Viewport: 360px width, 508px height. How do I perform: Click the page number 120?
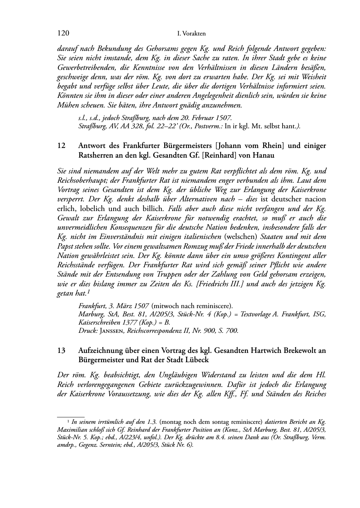click(x=63, y=33)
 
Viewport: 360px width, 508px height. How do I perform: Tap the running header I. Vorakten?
click(x=191, y=34)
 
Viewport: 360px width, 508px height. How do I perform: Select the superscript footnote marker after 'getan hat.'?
click(x=88, y=292)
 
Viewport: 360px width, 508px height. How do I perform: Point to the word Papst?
click(x=65, y=246)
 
